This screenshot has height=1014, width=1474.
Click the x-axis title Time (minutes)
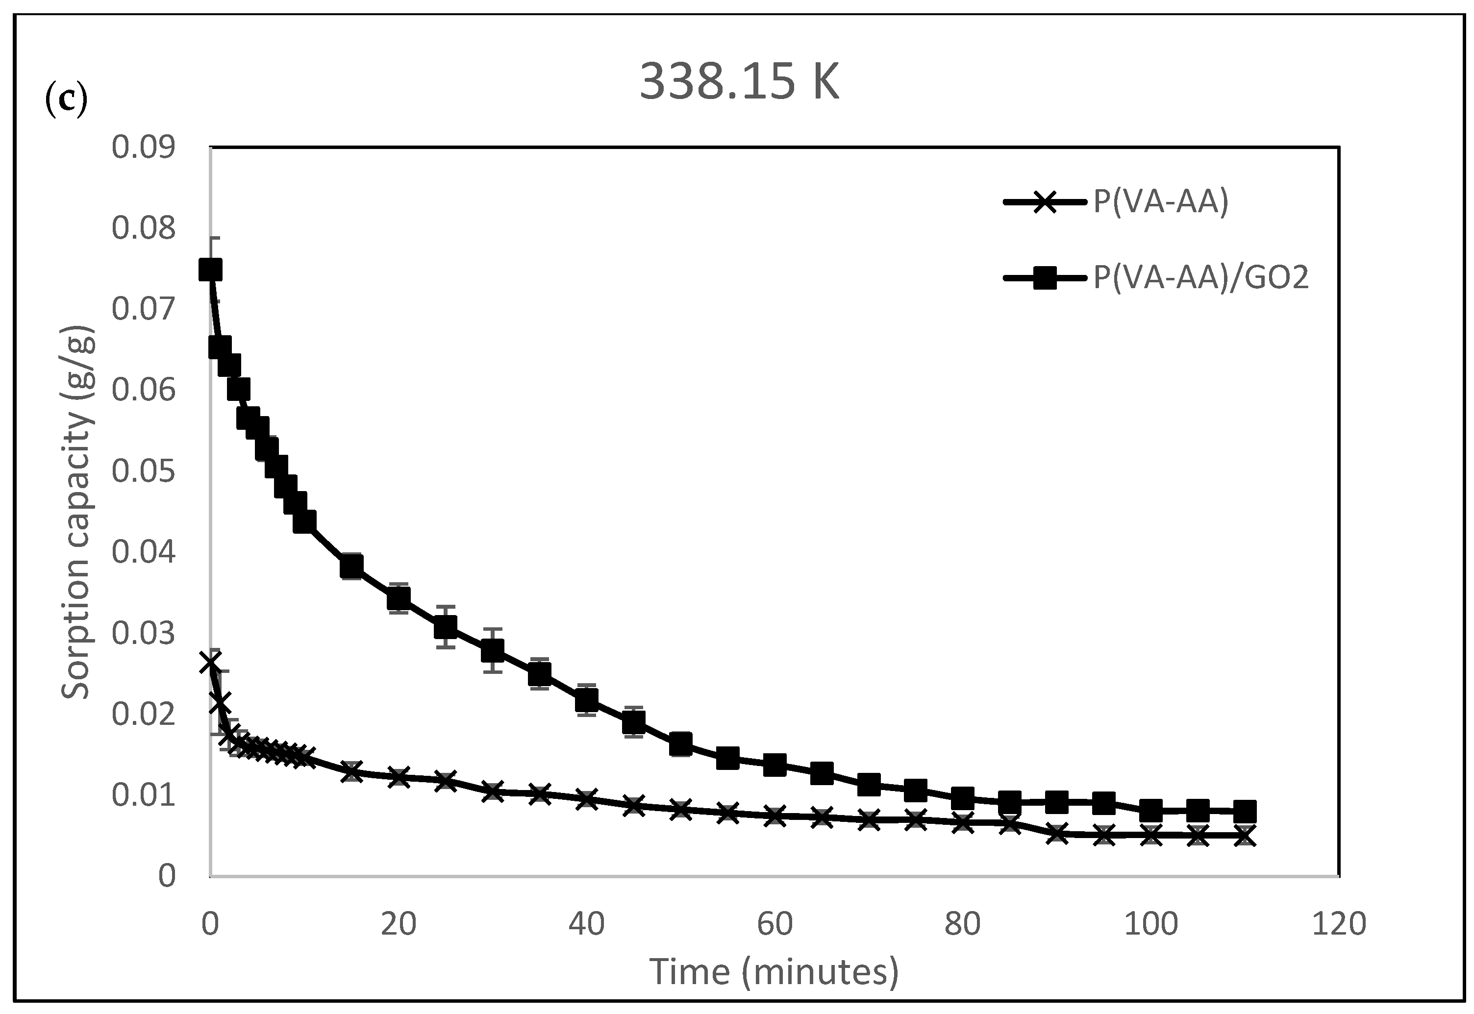(774, 972)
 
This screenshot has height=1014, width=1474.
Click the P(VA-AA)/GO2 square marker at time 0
(210, 270)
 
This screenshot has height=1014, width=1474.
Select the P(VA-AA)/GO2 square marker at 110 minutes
(1245, 811)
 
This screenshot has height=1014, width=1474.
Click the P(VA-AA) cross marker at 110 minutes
(1245, 836)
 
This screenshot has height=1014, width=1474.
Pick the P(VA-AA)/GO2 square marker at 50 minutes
(680, 744)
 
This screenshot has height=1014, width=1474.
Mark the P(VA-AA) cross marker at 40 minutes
(586, 799)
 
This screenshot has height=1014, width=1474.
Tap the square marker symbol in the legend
(1045, 278)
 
